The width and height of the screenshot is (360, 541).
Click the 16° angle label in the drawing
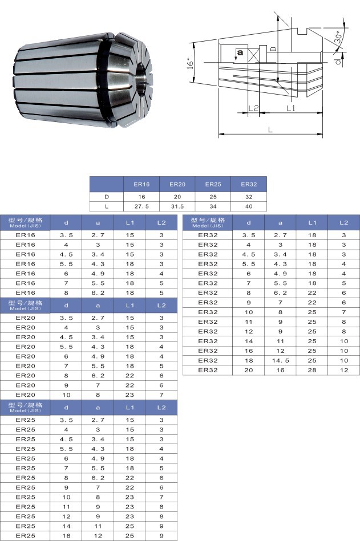point(190,63)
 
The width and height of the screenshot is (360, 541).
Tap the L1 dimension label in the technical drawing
point(291,108)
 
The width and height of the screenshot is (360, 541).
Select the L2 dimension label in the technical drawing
point(253,108)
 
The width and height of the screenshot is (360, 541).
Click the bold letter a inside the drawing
point(240,52)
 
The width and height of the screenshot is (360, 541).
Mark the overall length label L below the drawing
point(270,130)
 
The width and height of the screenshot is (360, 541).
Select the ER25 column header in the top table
point(213,184)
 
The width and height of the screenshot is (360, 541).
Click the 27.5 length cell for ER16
point(141,206)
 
